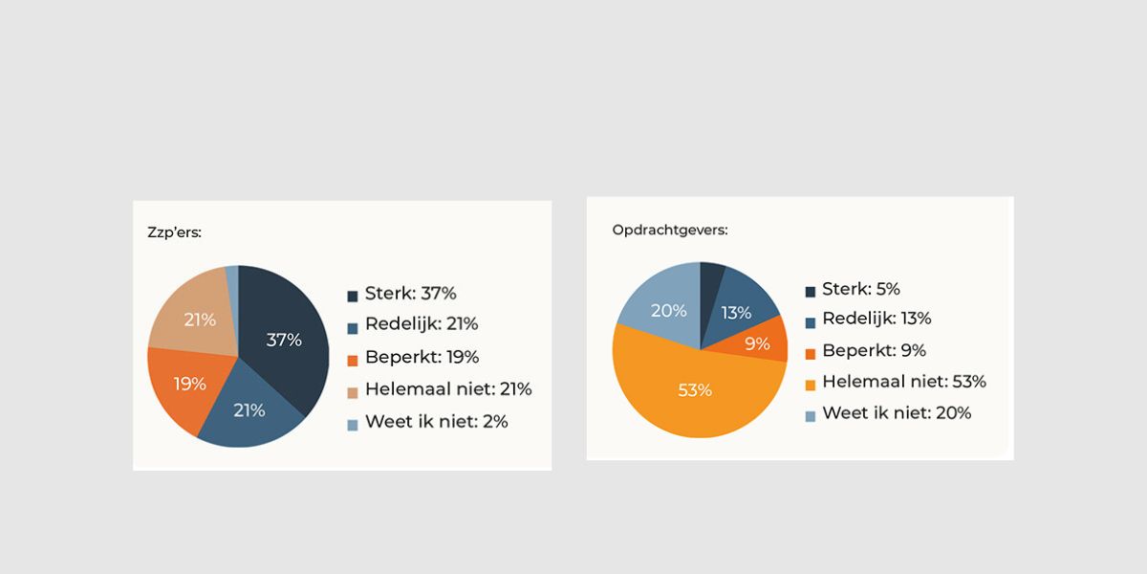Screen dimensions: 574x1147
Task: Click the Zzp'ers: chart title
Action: pos(174,232)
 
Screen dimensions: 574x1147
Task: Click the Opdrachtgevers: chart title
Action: pos(669,230)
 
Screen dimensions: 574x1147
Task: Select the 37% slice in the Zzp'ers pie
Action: pos(282,339)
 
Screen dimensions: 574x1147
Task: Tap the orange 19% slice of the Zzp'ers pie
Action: pos(189,383)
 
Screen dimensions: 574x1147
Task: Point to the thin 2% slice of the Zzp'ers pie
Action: pos(232,275)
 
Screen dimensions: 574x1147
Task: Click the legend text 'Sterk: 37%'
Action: pos(410,294)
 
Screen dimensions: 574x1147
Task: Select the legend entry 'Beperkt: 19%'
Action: pos(422,357)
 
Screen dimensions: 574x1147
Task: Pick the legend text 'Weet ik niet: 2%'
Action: pos(436,421)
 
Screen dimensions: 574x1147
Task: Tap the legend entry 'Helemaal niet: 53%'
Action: pos(903,381)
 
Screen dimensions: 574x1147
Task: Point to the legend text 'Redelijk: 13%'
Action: pos(876,319)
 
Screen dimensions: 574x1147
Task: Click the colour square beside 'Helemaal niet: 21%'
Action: pos(352,392)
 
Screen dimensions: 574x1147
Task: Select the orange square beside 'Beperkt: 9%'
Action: pos(810,353)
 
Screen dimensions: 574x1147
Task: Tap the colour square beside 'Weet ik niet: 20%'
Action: pos(810,416)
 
